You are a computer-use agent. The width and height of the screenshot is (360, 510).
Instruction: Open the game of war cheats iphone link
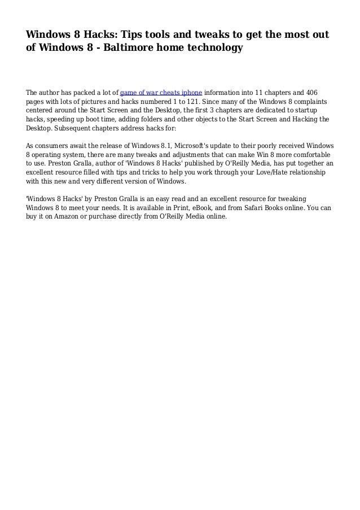[161, 93]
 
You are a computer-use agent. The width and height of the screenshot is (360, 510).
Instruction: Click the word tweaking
[292, 199]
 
